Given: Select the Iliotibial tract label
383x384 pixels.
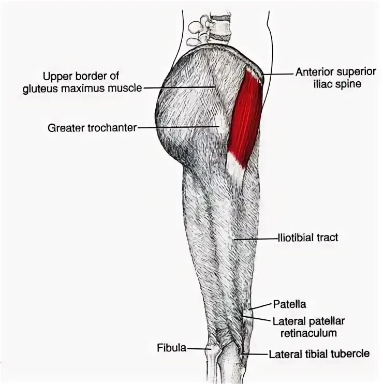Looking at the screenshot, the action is pos(308,238).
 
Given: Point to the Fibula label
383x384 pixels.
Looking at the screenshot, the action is pos(171,348).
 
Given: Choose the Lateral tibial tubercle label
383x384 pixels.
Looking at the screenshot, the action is pos(319,355).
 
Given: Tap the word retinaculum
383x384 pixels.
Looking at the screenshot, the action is pos(306,333).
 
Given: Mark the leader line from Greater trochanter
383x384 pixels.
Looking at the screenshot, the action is pos(176,126).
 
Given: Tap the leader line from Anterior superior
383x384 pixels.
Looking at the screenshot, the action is pos(277,75).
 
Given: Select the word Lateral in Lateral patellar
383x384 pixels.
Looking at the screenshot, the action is pos(286,321).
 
